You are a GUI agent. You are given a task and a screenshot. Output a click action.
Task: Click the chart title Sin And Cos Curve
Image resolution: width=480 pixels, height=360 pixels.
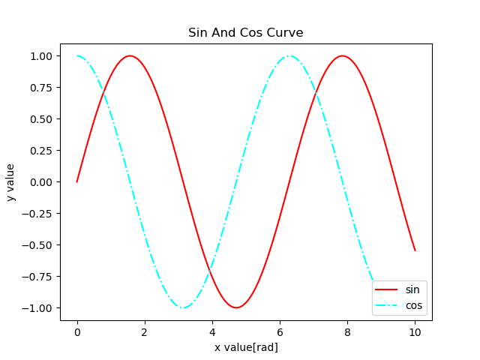246,33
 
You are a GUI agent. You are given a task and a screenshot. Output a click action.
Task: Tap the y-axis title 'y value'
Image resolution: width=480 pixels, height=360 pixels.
10,182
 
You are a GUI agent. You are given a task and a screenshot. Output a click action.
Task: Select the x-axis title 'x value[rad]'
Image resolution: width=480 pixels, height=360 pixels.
246,347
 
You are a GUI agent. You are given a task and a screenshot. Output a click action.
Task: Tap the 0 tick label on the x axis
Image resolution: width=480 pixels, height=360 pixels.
77,332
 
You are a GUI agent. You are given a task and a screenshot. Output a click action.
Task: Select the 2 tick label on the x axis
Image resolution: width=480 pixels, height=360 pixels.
145,332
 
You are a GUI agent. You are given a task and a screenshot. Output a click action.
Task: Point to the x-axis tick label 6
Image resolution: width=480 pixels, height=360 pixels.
280,332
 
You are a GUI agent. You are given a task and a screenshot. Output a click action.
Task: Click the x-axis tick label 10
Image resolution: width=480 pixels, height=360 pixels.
415,332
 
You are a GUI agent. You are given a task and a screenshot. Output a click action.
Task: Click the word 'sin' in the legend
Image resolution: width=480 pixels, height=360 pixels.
412,289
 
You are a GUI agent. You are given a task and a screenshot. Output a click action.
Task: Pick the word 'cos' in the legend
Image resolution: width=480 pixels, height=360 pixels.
414,304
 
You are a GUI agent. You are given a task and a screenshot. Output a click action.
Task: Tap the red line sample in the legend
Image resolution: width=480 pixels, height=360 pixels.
387,289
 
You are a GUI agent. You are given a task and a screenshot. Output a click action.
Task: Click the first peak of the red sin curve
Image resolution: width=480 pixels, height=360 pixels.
130,55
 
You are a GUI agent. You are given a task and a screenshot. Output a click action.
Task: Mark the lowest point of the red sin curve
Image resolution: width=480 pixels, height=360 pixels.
236,307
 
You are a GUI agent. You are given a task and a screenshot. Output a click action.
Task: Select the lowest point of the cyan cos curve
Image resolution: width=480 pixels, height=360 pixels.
183,307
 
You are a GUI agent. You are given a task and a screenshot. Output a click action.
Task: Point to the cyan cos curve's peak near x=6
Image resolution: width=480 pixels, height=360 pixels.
289,55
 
